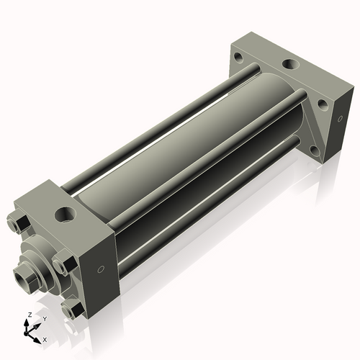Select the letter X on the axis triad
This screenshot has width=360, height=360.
[x=45, y=338]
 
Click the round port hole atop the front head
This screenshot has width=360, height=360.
[x=66, y=214]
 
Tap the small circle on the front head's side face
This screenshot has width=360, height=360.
[x=101, y=269]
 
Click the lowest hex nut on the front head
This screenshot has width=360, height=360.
[x=71, y=310]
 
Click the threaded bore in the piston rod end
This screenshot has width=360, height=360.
[x=26, y=274]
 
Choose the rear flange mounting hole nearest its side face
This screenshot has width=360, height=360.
[x=323, y=104]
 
